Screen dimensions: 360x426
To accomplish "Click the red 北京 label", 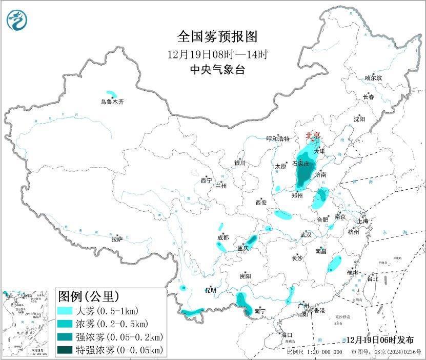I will pyautogui.click(x=313, y=135).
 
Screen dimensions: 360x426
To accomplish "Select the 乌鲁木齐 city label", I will pyautogui.click(x=112, y=102).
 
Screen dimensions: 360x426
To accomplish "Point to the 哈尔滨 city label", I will pyautogui.click(x=373, y=78).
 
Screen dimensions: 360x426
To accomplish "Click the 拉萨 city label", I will pyautogui.click(x=117, y=239).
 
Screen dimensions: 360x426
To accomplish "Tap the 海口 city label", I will pyautogui.click(x=287, y=335).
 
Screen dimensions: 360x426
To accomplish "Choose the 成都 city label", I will pyautogui.click(x=222, y=237).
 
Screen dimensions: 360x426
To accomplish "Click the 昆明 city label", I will pyautogui.click(x=211, y=290).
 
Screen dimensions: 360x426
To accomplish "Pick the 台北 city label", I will pyautogui.click(x=372, y=279).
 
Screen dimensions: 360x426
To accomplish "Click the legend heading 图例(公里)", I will pyautogui.click(x=88, y=296).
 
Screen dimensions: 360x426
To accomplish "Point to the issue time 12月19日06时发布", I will pyautogui.click(x=380, y=340).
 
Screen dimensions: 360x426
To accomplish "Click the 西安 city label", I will pyautogui.click(x=261, y=203).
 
